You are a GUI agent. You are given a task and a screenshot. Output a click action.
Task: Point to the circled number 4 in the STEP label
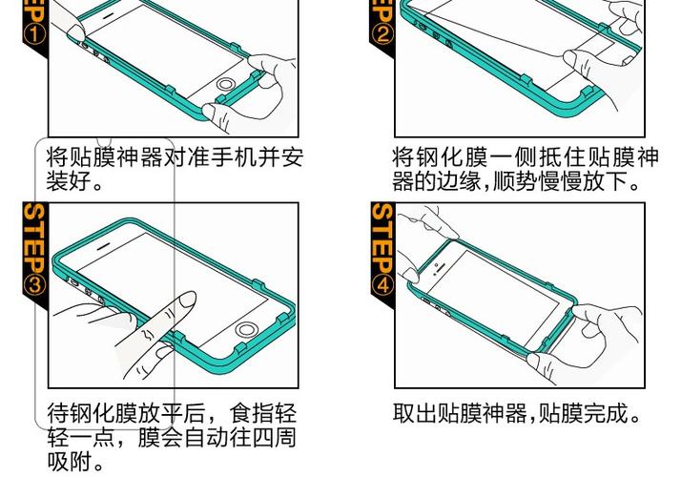pos(381,283)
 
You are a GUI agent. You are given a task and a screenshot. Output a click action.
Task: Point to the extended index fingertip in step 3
pos(187,301)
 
